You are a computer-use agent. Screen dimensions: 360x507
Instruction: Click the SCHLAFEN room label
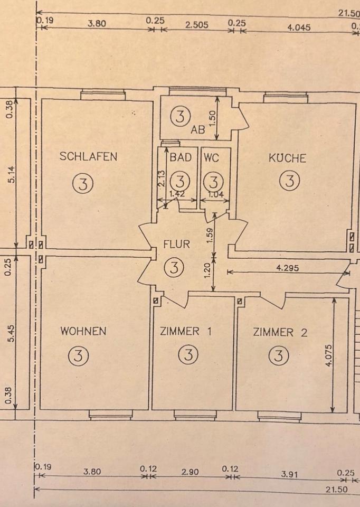88,156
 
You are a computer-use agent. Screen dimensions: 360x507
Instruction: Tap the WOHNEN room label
83,332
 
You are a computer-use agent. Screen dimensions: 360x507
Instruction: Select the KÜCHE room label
287,158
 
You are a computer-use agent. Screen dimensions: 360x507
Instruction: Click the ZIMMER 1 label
185,332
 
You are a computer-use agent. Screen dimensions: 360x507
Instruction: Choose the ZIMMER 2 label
280,332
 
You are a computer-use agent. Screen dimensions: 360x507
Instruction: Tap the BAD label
180,157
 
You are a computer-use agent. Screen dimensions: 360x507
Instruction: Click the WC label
211,157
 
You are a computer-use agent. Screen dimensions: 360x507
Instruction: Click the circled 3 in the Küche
289,181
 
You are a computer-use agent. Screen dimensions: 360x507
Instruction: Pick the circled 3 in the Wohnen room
78,355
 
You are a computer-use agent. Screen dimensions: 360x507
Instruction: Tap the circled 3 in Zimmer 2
278,354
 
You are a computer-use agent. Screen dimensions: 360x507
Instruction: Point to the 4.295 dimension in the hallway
287,268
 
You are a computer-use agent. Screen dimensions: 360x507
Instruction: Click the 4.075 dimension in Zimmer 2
328,355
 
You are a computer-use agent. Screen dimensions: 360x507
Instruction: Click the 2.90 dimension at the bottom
190,472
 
